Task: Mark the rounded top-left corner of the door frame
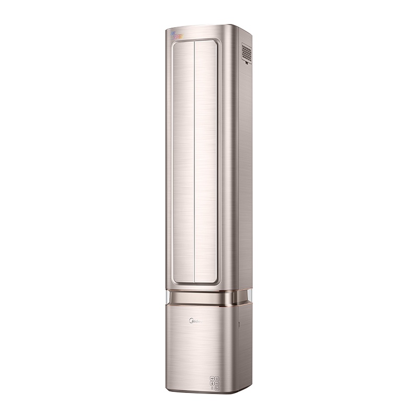(x=175, y=43)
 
